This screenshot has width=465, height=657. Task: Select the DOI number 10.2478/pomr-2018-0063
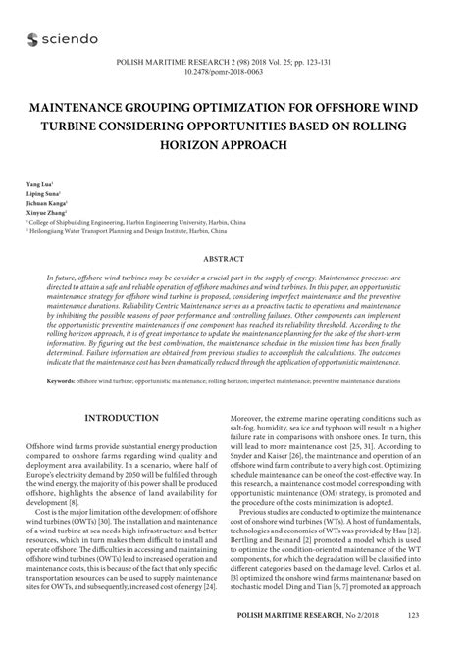(232, 73)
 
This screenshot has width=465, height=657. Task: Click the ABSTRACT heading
(232, 260)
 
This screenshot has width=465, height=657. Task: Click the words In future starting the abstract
(61, 278)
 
